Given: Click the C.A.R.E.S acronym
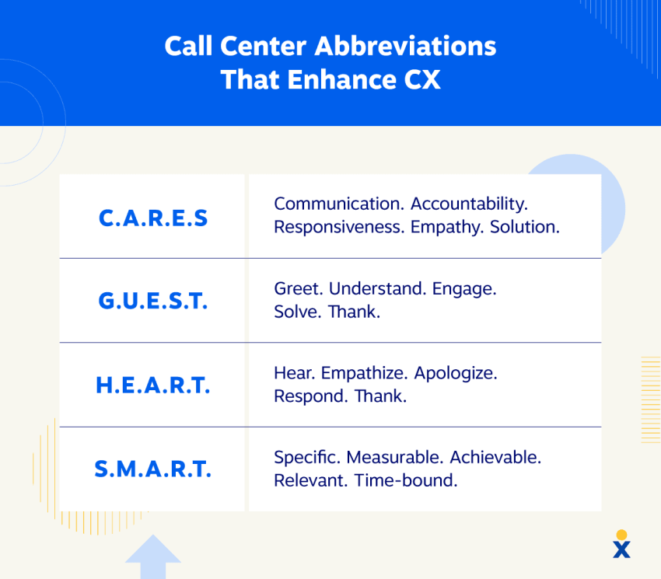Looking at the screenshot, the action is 153,218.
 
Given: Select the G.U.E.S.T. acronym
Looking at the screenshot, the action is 153,301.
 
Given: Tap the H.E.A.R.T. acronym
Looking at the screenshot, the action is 153,385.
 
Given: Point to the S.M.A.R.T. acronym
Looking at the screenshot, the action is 153,469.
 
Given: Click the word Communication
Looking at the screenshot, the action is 339,204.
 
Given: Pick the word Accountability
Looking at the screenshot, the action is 469,204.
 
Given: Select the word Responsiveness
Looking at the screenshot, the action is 339,227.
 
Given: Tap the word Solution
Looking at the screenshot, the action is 524,227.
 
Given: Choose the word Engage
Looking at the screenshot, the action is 464,289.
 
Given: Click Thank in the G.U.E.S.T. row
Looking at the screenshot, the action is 354,312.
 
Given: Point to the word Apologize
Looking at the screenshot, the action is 456,374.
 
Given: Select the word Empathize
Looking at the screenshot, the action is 364,374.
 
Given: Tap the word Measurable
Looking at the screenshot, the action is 394,457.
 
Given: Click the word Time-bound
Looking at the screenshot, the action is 405,480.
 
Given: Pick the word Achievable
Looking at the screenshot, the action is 495,457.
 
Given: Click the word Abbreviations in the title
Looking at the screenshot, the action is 405,46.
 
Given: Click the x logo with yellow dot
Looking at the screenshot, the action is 621,544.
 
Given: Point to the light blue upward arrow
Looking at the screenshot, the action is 153,556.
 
